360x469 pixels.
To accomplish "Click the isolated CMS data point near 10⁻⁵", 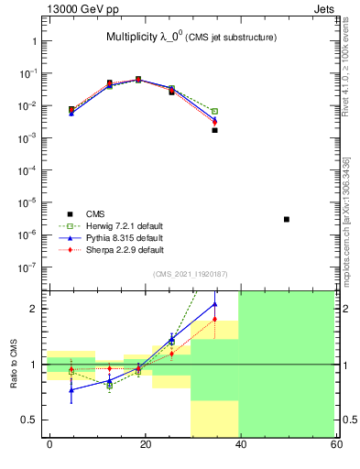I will (x=287, y=220).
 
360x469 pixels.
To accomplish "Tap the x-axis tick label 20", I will (x=145, y=443).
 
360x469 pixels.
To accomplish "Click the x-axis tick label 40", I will (x=240, y=443).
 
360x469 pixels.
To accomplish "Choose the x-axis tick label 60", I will (x=335, y=443).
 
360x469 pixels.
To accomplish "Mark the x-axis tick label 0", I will (x=49, y=443).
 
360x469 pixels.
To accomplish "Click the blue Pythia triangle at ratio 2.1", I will (x=215, y=304).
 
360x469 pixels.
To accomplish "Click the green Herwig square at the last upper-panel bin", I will (x=215, y=111).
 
